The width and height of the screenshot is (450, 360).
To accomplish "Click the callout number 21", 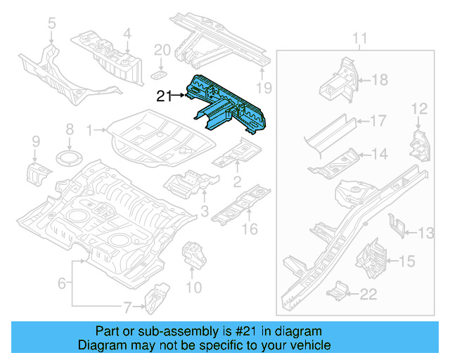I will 164,96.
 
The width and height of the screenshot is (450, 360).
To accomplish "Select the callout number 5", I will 51,25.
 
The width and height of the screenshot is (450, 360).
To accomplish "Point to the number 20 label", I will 162,50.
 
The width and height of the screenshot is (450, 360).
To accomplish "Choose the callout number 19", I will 263,88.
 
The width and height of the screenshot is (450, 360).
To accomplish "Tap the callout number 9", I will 36,143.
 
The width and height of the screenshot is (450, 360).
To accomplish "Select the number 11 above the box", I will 359,38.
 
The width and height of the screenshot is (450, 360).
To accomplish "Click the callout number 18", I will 379,81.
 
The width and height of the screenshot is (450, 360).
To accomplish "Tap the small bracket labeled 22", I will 339,290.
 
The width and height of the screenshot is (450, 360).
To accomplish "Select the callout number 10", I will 193,287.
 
